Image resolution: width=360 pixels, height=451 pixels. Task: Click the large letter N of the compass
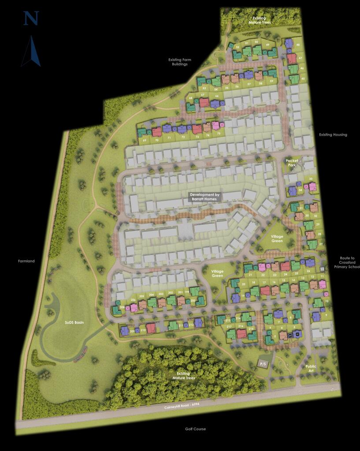31,18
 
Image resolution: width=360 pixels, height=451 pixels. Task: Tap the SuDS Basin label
74,322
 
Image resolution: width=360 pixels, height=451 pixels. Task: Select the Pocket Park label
292,163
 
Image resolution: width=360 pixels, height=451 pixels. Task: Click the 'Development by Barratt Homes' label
204,197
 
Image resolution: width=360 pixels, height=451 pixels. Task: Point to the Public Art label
311,368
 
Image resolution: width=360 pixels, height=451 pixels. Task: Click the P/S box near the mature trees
264,364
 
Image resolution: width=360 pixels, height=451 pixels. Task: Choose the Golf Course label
196,429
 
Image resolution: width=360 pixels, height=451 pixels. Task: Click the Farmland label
26,261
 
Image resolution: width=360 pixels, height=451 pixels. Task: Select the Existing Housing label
333,135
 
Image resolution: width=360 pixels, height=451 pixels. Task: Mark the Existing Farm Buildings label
180,62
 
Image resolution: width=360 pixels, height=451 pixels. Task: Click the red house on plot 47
291,59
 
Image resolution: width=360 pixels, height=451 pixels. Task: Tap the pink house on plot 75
215,126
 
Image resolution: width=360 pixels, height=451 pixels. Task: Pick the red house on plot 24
285,266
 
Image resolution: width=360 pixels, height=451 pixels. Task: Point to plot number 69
144,140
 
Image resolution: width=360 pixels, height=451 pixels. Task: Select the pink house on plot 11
322,285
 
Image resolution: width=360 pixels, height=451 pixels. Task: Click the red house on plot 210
151,328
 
